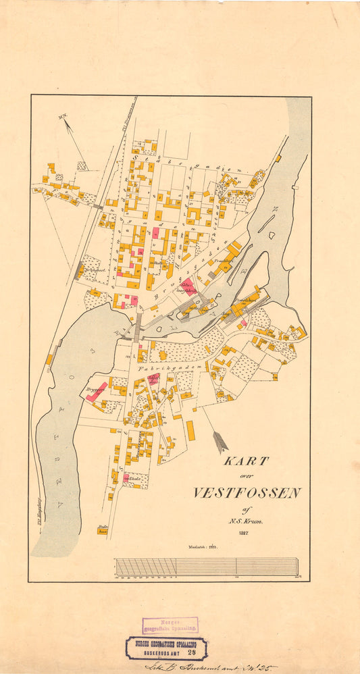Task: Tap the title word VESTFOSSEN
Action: [x=247, y=492]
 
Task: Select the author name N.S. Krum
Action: [x=248, y=522]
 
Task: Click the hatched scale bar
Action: [x=206, y=566]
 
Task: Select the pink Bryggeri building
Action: [x=96, y=391]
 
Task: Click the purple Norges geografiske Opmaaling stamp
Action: [x=170, y=625]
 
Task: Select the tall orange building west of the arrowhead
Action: [x=190, y=431]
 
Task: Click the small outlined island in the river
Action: [x=270, y=236]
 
